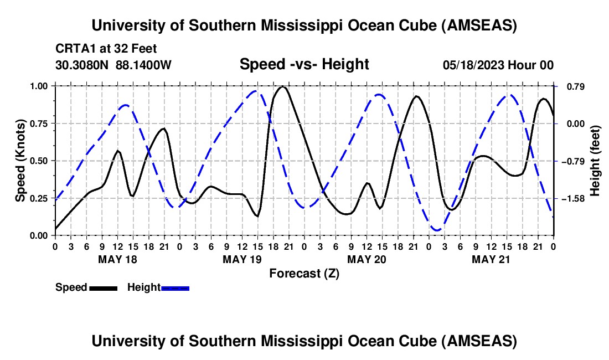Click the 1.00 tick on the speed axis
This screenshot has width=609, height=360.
39,86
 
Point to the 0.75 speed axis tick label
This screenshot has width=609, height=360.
39,124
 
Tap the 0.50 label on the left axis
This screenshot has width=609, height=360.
39,161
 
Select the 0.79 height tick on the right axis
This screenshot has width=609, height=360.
576,86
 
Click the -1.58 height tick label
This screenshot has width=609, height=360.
573,198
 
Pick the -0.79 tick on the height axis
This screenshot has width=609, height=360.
573,161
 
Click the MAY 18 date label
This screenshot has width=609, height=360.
118,259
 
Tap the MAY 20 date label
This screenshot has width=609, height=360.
367,259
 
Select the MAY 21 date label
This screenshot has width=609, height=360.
491,259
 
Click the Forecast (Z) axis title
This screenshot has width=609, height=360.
304,274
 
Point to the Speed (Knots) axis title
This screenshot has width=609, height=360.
20,161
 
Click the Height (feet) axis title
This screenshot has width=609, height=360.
595,161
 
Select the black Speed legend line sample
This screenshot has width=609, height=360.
104,288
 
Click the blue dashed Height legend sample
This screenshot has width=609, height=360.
175,288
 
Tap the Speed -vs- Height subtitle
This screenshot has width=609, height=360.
304,64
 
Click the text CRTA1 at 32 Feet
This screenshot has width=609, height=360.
106,49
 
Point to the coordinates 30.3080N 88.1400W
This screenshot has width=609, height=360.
113,65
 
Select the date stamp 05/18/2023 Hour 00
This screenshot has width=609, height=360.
498,65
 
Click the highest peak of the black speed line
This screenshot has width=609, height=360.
283,86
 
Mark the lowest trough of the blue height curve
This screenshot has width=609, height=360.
437,230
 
